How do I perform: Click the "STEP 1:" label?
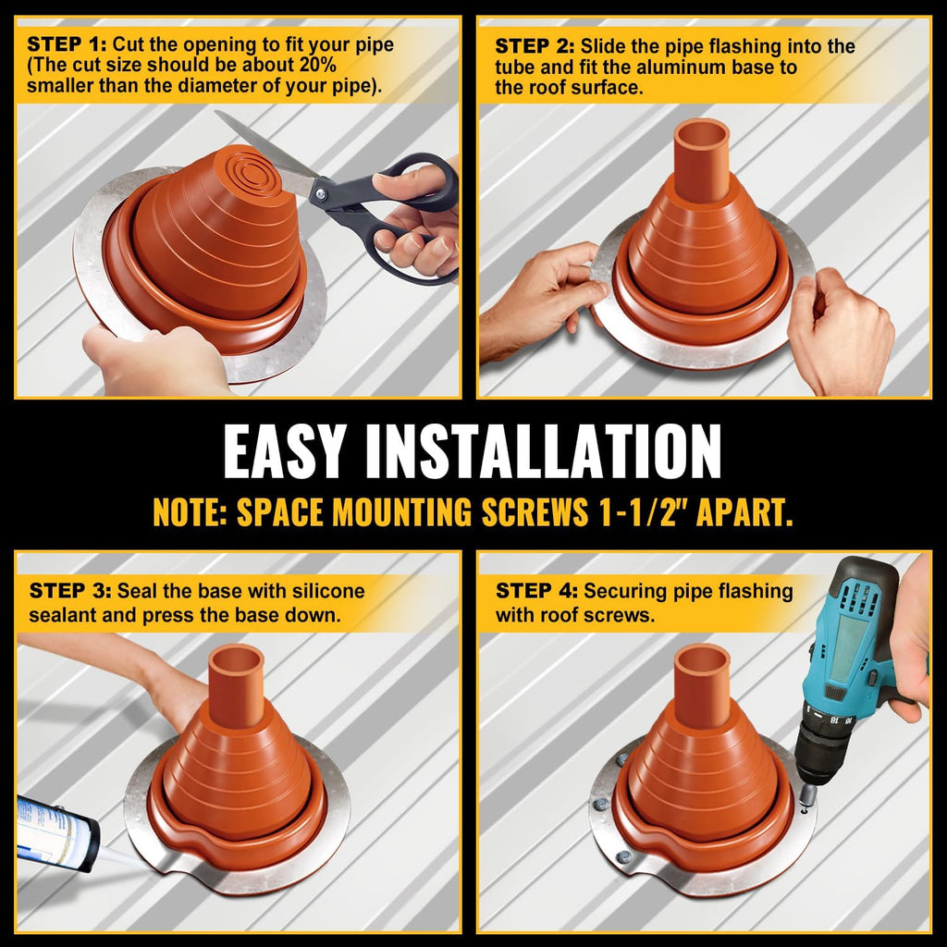(x=67, y=44)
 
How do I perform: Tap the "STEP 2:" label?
(x=535, y=46)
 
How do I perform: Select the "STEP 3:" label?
(x=70, y=590)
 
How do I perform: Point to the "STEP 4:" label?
(x=536, y=590)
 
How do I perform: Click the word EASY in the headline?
(x=285, y=450)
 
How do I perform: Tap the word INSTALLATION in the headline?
(x=544, y=450)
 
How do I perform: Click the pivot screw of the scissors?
(x=320, y=193)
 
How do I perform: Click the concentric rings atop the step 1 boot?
(x=252, y=173)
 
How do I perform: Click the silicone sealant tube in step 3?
(x=57, y=833)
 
